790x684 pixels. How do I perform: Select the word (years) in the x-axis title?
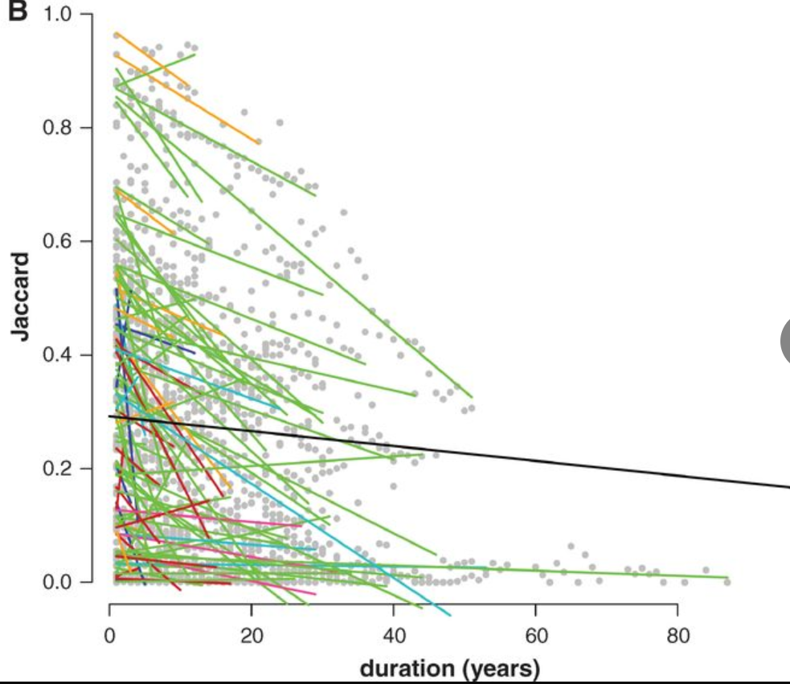click(x=501, y=669)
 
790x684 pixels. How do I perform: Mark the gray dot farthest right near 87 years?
click(x=727, y=581)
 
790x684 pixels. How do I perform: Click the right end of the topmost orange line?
click(x=259, y=142)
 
